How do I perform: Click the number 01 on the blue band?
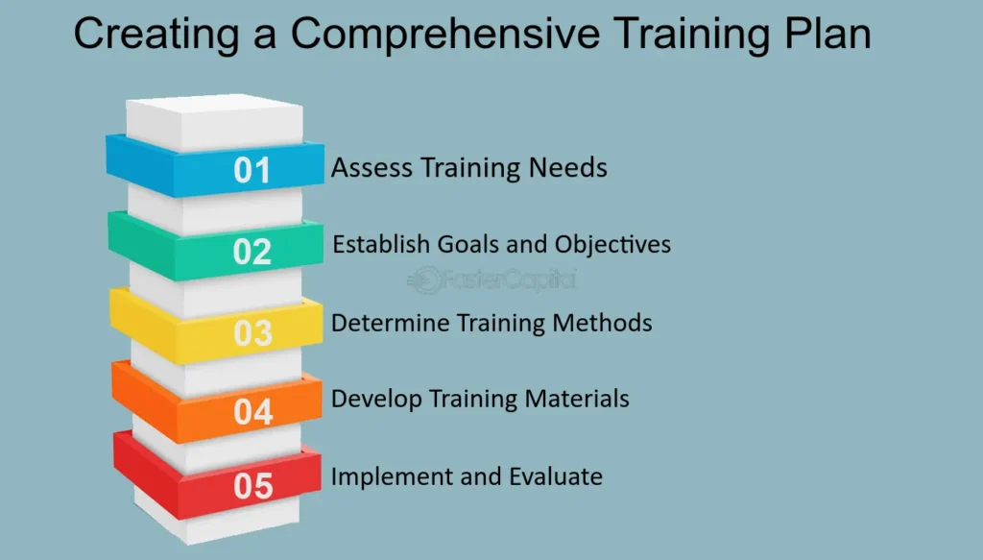(x=252, y=171)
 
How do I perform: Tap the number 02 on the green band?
(x=252, y=252)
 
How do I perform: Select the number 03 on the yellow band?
(x=253, y=333)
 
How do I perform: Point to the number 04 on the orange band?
(x=253, y=412)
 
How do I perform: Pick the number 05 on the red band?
(x=253, y=486)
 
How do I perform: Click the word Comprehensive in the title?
(x=445, y=36)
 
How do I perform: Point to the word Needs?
(x=568, y=167)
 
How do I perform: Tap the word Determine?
(x=390, y=323)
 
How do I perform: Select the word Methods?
(x=603, y=323)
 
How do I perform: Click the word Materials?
(x=577, y=399)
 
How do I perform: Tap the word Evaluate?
(x=556, y=476)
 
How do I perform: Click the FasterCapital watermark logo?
(x=491, y=280)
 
